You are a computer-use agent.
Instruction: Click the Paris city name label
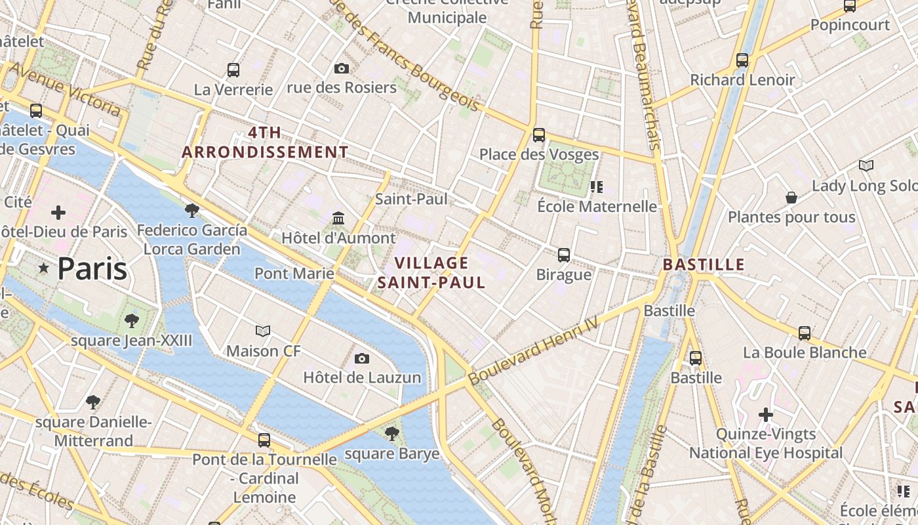pos(92,269)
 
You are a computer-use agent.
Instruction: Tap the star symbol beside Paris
pos(44,268)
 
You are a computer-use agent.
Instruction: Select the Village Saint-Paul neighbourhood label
pos(431,273)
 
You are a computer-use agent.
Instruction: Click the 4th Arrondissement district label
pos(265,142)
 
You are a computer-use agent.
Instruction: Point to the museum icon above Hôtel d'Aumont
pos(338,218)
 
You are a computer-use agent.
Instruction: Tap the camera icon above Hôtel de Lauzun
pos(361,358)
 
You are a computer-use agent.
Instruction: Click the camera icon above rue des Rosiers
pos(341,68)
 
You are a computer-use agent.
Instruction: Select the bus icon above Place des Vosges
pos(539,135)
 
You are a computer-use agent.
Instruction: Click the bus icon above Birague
pos(564,255)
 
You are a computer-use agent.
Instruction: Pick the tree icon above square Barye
pos(392,433)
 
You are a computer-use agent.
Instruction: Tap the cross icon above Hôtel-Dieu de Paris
pos(58,212)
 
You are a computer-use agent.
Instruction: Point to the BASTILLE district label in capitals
pos(704,265)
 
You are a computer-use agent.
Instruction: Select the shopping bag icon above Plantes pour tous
pos(791,198)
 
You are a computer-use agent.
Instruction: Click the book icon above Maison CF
pos(263,331)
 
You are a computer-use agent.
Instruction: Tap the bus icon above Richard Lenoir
pos(742,60)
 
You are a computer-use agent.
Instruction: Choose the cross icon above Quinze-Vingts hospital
pos(766,415)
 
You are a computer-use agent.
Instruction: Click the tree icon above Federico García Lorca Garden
pos(192,210)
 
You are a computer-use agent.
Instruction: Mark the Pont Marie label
pos(294,273)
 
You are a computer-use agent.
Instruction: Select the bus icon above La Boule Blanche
pos(805,333)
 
